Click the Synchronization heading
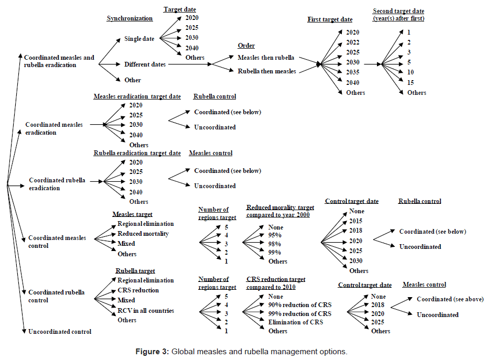pyautogui.click(x=129, y=18)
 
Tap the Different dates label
pyautogui.click(x=145, y=64)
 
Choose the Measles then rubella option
pyautogui.click(x=266, y=57)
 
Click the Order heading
pyautogui.click(x=246, y=46)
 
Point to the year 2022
pyautogui.click(x=352, y=42)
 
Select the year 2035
pyautogui.click(x=352, y=72)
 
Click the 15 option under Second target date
pyautogui.click(x=410, y=82)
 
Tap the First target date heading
pyautogui.click(x=329, y=19)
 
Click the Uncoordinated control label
pyautogui.click(x=59, y=331)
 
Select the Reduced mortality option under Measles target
pyautogui.click(x=143, y=234)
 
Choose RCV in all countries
pyautogui.click(x=145, y=311)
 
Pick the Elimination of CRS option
pyautogui.click(x=295, y=322)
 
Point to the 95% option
pyautogui.click(x=274, y=235)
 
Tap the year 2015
pyautogui.click(x=356, y=221)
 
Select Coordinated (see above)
pyautogui.click(x=450, y=299)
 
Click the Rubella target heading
pyautogui.click(x=135, y=271)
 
